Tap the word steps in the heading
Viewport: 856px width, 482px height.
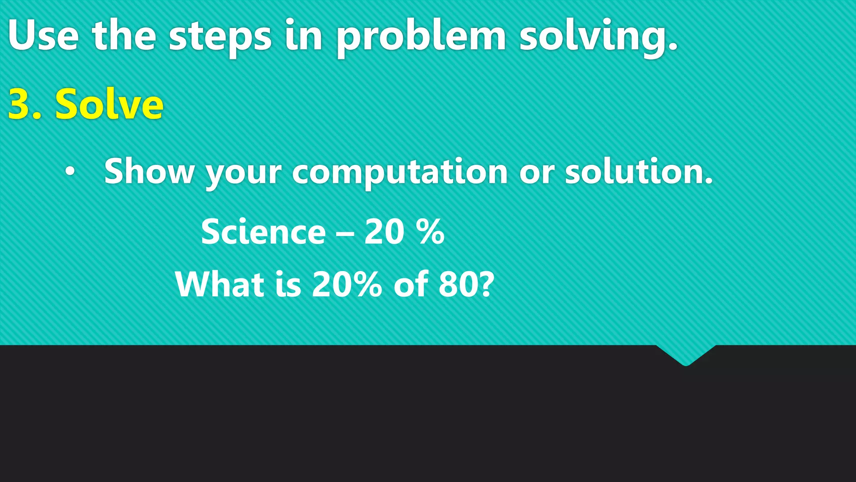220,38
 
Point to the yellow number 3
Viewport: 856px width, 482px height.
23,105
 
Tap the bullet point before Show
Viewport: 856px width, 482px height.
70,171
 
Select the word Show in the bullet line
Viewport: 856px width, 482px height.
149,171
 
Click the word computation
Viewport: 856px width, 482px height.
400,172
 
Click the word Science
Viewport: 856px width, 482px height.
263,232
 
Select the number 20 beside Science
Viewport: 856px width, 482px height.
384,232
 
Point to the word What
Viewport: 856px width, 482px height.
219,284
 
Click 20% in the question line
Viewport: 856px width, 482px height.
347,284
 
